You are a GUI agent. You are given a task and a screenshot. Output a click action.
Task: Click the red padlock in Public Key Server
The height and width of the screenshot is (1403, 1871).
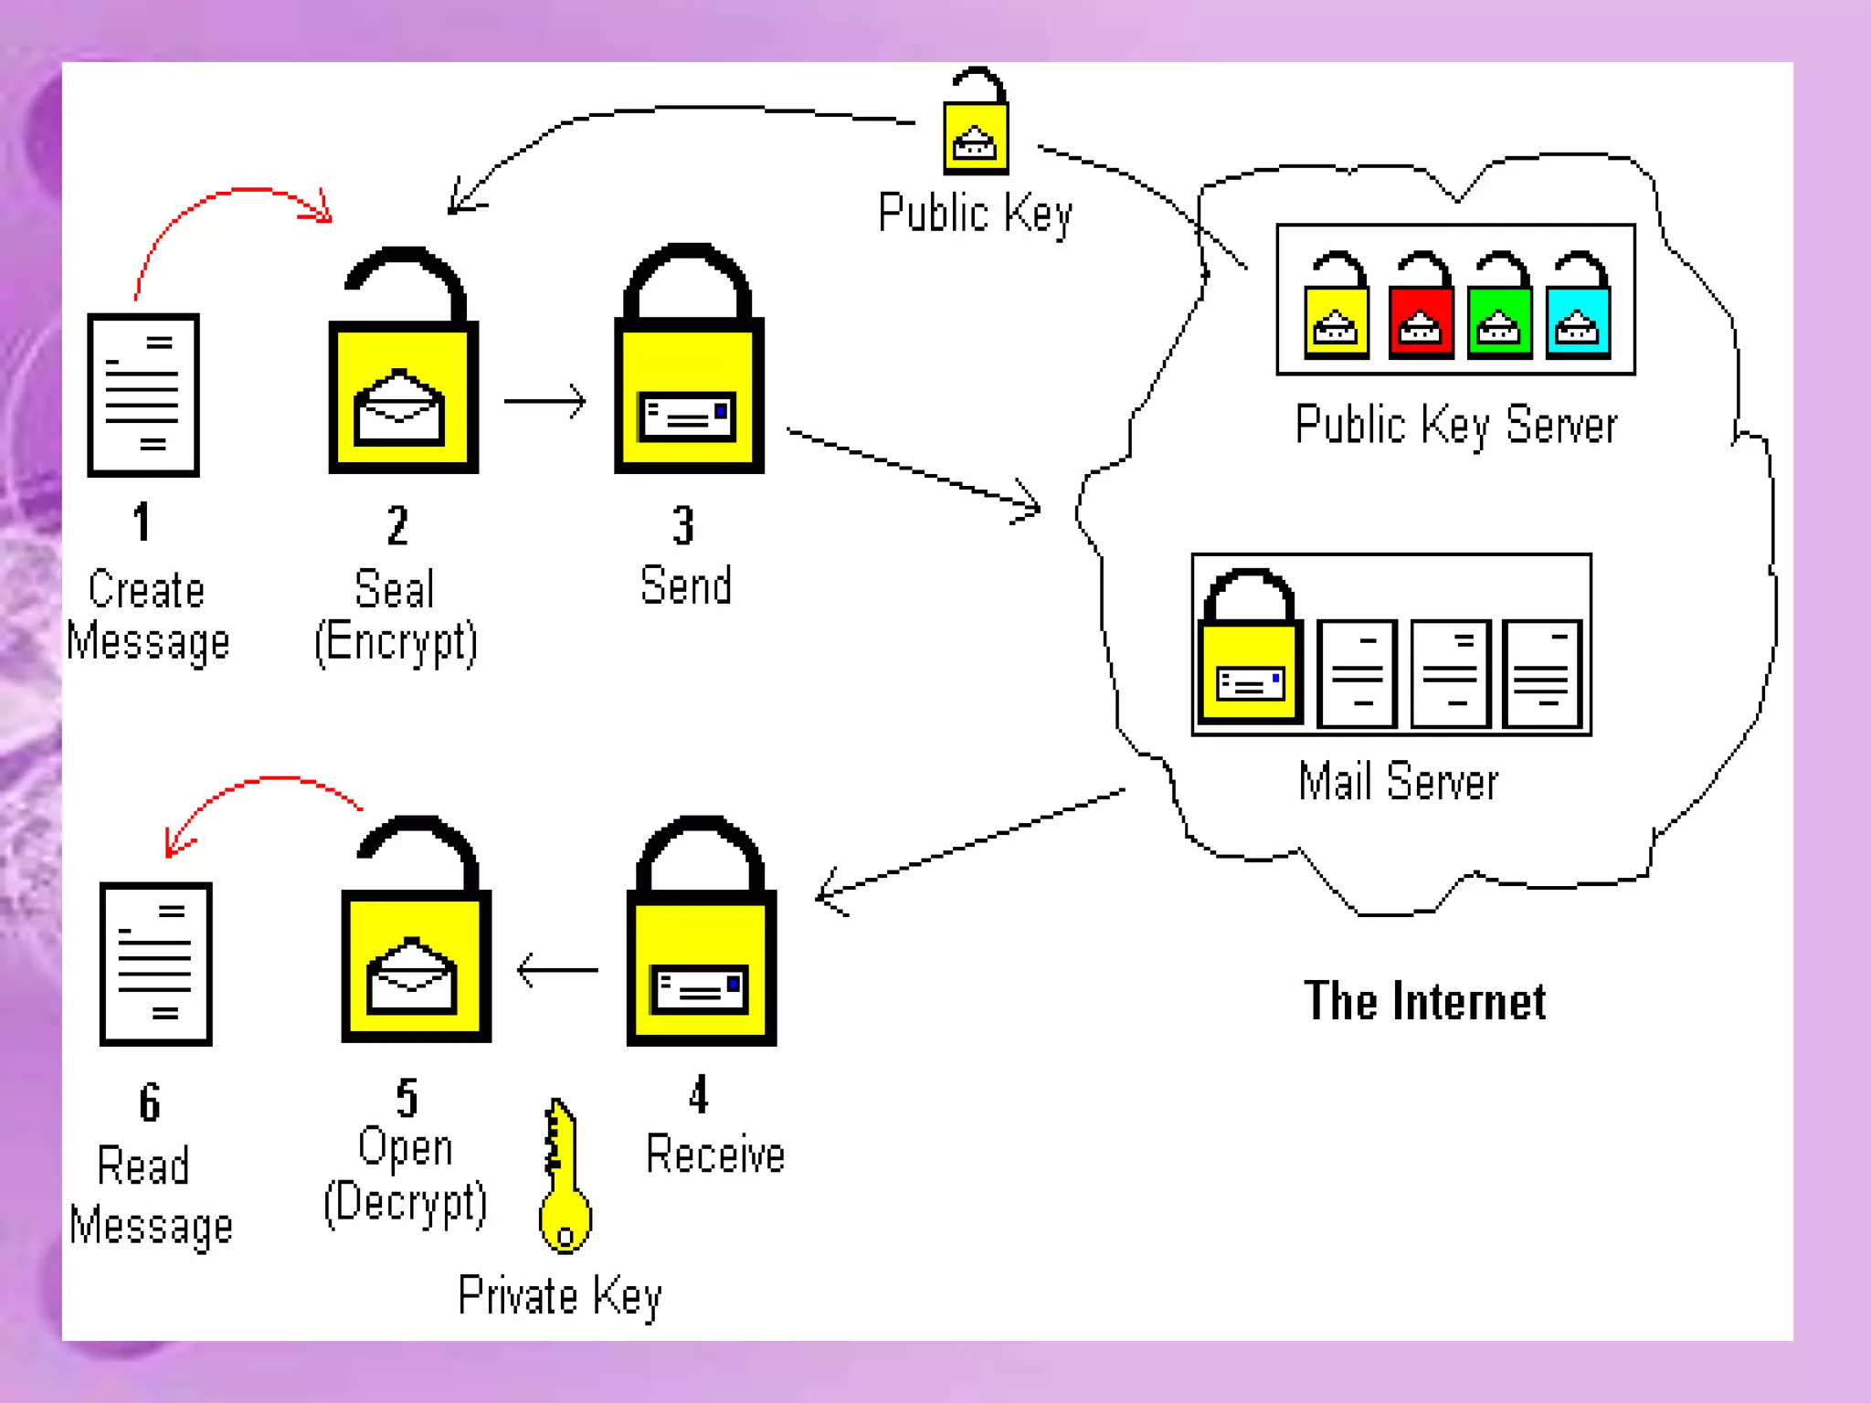(1421, 308)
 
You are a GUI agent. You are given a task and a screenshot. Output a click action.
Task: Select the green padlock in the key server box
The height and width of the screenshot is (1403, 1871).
(1499, 308)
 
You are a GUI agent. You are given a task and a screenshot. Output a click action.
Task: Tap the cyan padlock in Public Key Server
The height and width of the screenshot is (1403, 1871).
(1578, 308)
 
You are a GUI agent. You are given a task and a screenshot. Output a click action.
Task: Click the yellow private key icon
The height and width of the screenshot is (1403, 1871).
(564, 1178)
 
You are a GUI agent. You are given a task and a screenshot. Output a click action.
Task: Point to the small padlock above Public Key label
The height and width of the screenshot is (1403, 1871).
(976, 123)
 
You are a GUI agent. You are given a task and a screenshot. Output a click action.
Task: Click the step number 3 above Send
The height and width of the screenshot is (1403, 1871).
(683, 525)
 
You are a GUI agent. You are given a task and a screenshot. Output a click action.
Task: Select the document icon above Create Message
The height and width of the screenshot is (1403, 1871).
(143, 395)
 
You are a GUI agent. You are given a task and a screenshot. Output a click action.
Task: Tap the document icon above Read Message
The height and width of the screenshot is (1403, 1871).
(156, 964)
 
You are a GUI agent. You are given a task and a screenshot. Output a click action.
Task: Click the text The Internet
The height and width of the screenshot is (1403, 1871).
(1424, 1001)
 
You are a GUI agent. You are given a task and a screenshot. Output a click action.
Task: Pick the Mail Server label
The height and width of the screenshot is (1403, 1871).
(1398, 782)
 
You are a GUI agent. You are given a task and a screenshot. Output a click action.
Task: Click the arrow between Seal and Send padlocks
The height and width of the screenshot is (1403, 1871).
(545, 401)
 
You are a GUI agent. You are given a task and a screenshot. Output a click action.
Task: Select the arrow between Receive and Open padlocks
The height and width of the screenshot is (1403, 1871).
(556, 970)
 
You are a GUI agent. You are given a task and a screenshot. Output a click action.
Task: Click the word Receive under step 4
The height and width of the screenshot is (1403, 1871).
(714, 1155)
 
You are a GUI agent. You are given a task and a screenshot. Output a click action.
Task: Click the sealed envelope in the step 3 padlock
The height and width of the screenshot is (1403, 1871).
(688, 417)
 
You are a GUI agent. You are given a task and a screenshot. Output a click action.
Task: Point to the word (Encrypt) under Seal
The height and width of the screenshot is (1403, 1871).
(396, 642)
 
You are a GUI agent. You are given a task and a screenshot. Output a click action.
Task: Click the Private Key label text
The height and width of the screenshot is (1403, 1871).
(559, 1295)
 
